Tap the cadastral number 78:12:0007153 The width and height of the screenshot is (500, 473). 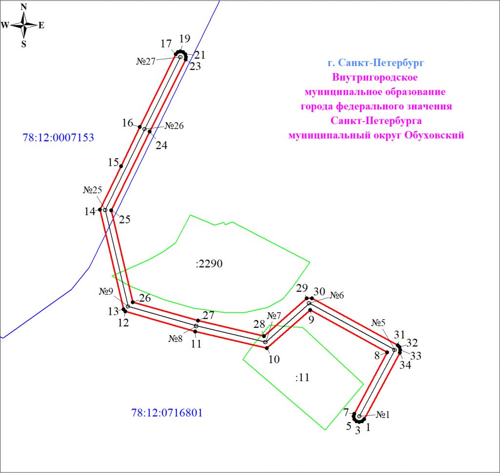(58, 138)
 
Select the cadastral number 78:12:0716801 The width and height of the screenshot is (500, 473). (167, 413)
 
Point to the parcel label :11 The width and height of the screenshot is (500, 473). (303, 377)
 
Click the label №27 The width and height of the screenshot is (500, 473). (146, 62)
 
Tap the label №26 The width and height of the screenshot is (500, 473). (174, 126)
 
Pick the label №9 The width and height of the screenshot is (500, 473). (106, 291)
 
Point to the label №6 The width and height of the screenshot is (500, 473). (336, 295)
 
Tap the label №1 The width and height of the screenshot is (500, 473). (384, 415)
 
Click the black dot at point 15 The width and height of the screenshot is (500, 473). (121, 166)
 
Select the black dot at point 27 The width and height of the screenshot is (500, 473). (198, 321)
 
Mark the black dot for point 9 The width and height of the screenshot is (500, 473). (311, 310)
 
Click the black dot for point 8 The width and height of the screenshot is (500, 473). (387, 352)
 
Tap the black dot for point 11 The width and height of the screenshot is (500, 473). (195, 332)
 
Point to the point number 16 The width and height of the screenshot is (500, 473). (127, 123)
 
